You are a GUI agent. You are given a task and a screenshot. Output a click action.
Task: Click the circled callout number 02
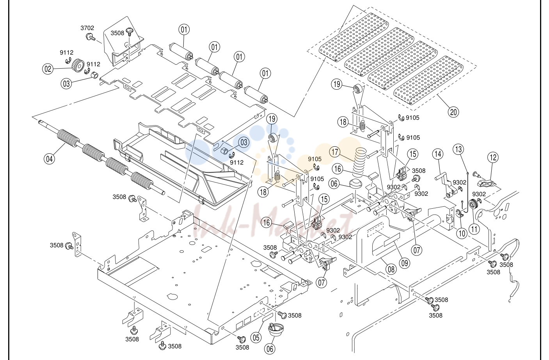48,69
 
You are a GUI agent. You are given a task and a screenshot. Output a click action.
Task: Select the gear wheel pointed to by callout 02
78,65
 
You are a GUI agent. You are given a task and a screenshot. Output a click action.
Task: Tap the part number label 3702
87,28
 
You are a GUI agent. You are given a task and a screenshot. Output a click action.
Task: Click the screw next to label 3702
91,37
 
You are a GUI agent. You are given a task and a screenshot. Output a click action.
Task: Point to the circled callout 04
49,159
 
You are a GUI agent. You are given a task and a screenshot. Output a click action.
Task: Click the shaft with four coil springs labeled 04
101,157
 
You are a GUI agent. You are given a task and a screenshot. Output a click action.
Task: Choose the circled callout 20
453,112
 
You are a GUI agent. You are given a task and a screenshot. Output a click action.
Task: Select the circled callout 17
335,152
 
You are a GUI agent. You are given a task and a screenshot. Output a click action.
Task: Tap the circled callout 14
438,154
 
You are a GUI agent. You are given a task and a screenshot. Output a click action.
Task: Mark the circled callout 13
458,149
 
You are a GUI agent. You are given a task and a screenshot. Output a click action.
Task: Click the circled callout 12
493,157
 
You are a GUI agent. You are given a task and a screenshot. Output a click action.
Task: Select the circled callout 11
474,229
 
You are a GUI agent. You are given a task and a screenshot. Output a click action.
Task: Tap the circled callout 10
462,233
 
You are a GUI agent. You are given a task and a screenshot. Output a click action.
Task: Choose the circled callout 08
391,270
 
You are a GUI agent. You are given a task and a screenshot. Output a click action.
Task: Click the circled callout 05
256,338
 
